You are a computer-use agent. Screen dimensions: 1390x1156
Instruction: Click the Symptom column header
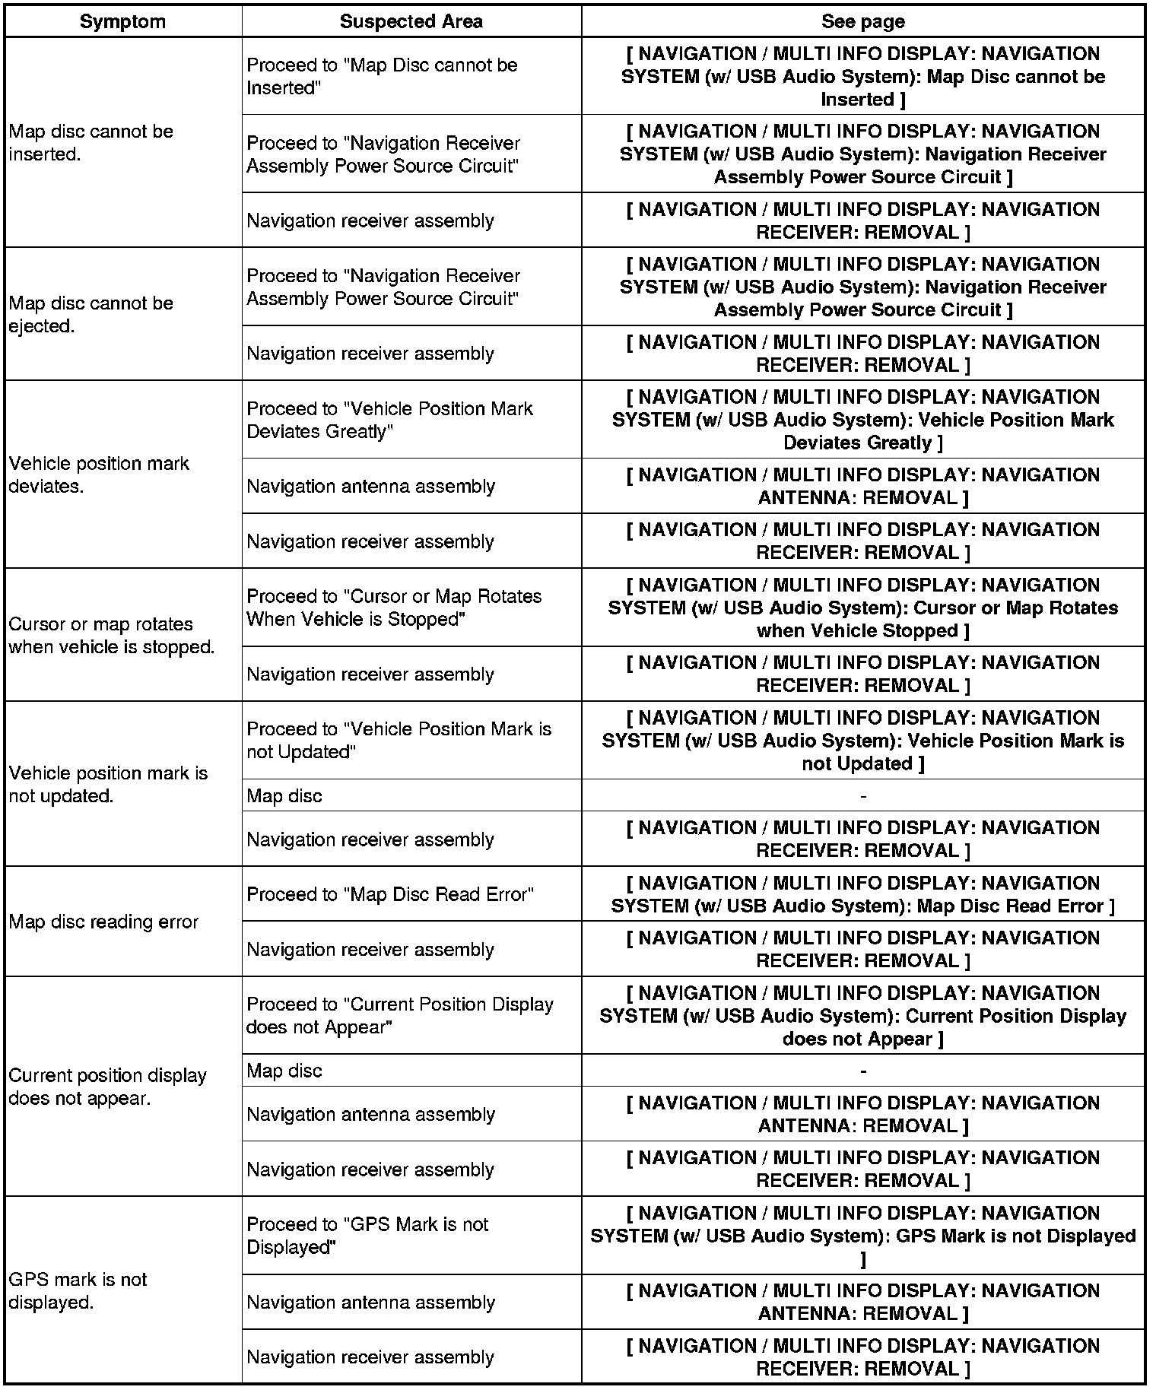point(122,21)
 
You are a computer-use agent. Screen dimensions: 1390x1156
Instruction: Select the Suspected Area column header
point(411,21)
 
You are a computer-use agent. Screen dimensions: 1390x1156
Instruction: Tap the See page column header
point(862,21)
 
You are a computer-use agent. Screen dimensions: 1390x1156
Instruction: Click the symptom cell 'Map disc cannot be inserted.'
point(91,143)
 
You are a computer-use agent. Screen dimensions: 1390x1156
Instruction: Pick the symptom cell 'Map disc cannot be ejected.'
point(91,315)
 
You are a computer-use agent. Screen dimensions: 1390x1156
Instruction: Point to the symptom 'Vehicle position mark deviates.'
point(99,474)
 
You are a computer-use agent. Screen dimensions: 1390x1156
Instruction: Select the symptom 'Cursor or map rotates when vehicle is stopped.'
point(112,635)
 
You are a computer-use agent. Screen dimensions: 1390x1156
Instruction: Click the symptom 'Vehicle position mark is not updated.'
point(108,784)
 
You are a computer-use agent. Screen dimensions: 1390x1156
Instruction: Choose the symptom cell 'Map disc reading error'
point(103,922)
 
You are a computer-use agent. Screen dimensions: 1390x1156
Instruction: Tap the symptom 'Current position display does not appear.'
point(107,1087)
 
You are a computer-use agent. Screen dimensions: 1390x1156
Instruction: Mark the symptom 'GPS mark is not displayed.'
point(78,1290)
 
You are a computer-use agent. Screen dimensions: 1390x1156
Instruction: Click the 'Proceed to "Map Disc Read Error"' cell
point(390,894)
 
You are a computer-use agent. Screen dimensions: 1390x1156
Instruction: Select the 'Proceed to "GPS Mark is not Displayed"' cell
point(367,1236)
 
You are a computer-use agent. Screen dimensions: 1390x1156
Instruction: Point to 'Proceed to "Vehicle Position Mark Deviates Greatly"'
point(389,420)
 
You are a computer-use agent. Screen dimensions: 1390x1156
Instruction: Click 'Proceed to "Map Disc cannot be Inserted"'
point(382,76)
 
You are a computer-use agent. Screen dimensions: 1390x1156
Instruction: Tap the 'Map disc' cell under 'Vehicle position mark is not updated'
point(284,796)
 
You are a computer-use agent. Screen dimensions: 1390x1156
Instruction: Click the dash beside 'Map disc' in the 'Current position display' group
point(862,1071)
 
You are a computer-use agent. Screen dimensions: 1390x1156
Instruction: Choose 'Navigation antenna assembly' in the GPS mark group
point(370,1302)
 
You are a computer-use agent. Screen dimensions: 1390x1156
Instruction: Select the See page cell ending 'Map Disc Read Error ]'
point(862,894)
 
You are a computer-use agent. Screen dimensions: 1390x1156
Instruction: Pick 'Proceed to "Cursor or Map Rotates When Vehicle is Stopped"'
point(394,608)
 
